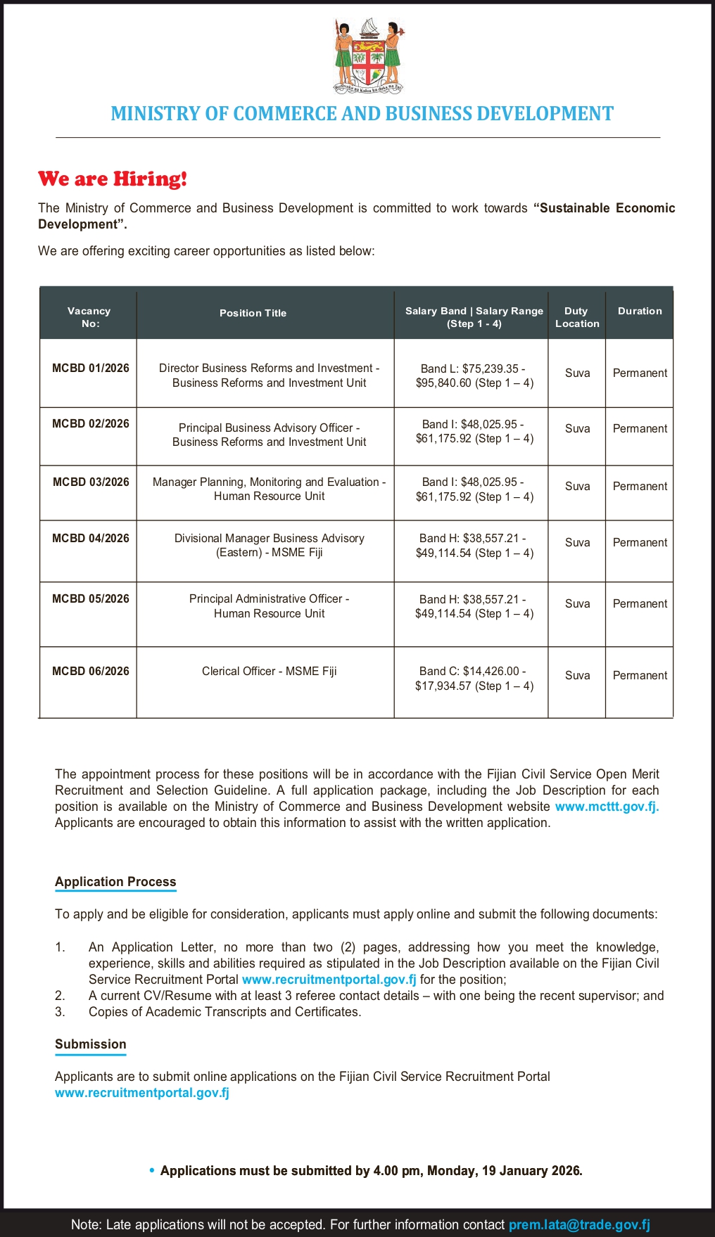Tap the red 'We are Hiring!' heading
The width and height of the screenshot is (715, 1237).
click(x=113, y=179)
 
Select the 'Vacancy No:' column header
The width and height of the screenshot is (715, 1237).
click(x=89, y=317)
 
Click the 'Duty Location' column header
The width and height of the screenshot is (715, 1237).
click(x=577, y=317)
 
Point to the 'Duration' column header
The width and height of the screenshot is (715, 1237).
click(x=640, y=311)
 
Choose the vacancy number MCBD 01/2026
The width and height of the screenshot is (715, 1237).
click(x=91, y=368)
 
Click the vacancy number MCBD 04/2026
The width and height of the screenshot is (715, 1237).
click(x=91, y=538)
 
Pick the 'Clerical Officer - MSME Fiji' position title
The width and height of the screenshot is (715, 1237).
click(x=270, y=671)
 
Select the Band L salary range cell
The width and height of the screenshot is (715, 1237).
click(x=474, y=376)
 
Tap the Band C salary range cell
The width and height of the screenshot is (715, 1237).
click(x=474, y=678)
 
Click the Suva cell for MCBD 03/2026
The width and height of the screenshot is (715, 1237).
click(x=577, y=486)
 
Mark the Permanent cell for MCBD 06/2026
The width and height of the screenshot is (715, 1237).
click(x=640, y=675)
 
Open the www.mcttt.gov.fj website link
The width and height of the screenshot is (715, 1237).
click(x=607, y=807)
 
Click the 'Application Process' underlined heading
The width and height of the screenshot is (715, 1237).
click(x=115, y=882)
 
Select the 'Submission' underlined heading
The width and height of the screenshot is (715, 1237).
click(x=91, y=1044)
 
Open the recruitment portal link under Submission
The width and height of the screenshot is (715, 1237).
click(x=142, y=1093)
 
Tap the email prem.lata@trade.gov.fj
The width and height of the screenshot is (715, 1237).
click(x=579, y=1224)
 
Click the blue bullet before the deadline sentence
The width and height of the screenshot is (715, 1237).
click(x=152, y=1170)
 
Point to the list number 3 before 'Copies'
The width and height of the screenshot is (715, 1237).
click(x=60, y=1012)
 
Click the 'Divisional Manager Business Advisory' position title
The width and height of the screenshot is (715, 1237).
click(x=270, y=545)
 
